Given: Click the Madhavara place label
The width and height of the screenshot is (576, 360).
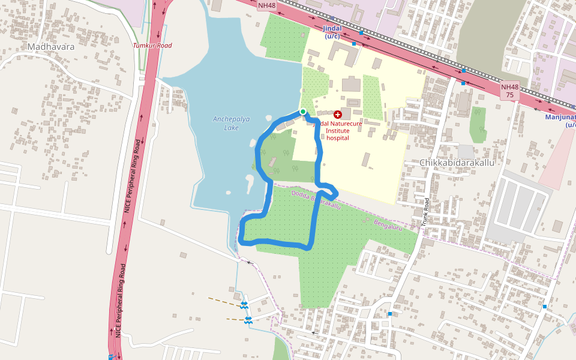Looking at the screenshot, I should pyautogui.click(x=51, y=46).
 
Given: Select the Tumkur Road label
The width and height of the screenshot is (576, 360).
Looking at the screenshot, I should pyautogui.click(x=152, y=46).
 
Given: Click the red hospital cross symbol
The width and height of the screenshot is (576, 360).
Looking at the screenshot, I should pyautogui.click(x=338, y=114).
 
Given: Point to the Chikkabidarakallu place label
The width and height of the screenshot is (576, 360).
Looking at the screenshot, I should pyautogui.click(x=457, y=163).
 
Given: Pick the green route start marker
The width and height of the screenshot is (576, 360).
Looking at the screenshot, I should pyautogui.click(x=303, y=112).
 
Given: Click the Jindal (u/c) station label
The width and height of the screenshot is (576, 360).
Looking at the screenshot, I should pyautogui.click(x=332, y=32).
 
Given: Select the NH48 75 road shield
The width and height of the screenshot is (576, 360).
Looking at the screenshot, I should pyautogui.click(x=509, y=91).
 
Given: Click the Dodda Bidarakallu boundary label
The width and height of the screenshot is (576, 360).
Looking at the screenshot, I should pyautogui.click(x=316, y=200).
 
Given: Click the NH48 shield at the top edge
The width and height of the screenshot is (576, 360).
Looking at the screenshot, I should pyautogui.click(x=266, y=5).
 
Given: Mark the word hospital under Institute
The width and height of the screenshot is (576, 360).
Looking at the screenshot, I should pyautogui.click(x=338, y=138).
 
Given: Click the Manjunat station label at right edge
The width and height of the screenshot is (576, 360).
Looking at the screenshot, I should pyautogui.click(x=561, y=121).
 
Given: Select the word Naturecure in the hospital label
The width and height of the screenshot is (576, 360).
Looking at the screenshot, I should pyautogui.click(x=344, y=124).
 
